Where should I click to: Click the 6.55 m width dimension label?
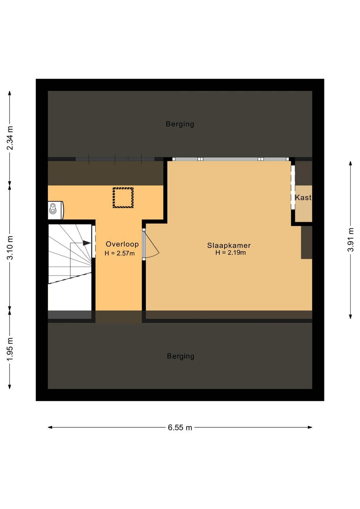click(180, 428)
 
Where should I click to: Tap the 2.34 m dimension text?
click(10, 138)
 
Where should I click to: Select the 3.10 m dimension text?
click(10, 248)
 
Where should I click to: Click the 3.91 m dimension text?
click(350, 240)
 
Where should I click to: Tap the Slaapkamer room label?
click(229, 245)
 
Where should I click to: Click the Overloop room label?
click(122, 244)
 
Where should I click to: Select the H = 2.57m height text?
click(120, 253)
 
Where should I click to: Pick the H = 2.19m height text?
click(231, 252)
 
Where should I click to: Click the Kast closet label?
click(303, 198)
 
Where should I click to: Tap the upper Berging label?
click(180, 124)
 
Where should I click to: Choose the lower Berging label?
click(180, 356)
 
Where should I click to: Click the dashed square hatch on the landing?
click(123, 197)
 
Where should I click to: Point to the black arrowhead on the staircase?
click(87, 243)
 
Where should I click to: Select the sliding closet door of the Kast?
click(293, 187)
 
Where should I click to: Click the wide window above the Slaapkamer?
click(231, 159)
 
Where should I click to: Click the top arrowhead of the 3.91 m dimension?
click(350, 164)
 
